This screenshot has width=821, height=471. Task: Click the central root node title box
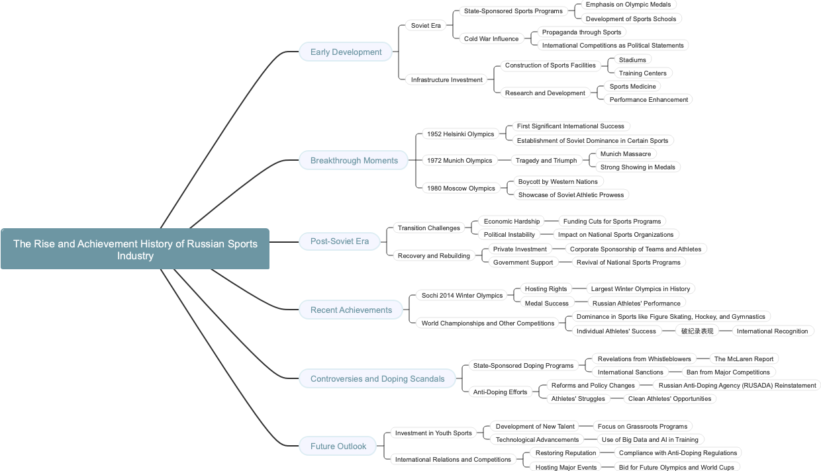click(135, 249)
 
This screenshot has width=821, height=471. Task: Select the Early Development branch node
click(346, 52)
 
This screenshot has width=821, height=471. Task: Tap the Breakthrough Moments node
click(354, 160)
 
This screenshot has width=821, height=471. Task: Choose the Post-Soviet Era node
click(339, 241)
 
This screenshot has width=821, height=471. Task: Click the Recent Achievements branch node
click(351, 310)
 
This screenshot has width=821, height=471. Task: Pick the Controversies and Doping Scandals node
click(377, 378)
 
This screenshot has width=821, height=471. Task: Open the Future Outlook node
click(338, 446)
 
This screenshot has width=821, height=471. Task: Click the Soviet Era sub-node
click(426, 25)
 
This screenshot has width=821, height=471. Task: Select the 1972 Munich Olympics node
click(459, 160)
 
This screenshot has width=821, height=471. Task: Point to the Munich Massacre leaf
click(625, 153)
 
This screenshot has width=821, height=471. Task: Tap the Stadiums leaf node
click(632, 60)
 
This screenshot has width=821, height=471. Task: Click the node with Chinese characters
click(697, 331)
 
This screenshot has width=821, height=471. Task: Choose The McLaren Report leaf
click(743, 359)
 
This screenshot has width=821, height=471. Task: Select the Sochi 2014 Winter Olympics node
click(462, 295)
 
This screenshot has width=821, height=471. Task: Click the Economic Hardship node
click(511, 221)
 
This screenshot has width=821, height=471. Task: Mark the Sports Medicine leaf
click(632, 86)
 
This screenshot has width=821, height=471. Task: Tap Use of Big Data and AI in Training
click(650, 439)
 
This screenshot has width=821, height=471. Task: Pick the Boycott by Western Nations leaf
click(557, 181)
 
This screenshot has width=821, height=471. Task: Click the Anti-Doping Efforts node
click(500, 392)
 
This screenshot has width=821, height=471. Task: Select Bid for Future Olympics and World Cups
click(676, 467)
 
